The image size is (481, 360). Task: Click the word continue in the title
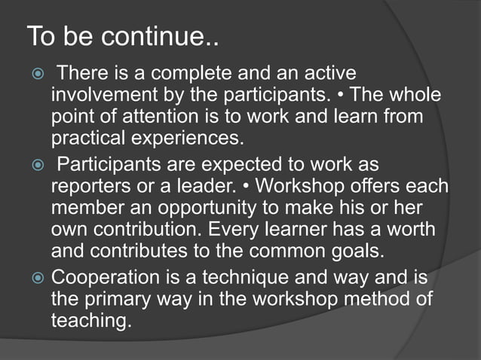(155, 37)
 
